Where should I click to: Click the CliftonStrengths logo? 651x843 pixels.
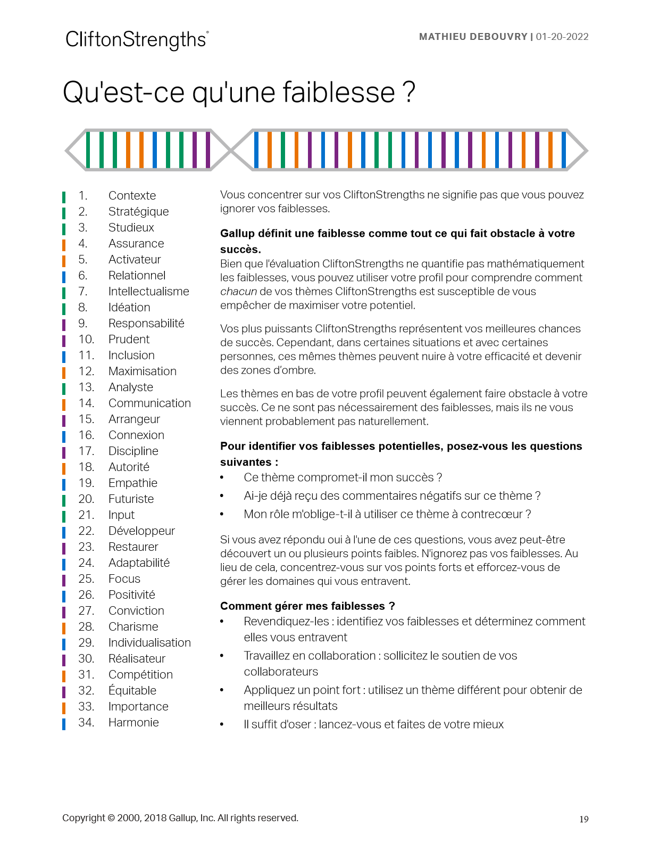[137, 40]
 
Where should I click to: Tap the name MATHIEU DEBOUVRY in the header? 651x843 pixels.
[473, 37]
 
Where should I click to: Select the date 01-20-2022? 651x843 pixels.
[562, 37]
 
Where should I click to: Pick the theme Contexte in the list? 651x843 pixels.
[132, 196]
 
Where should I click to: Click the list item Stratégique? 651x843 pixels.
[138, 212]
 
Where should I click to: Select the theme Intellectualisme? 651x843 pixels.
[148, 292]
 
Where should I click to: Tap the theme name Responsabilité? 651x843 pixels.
[146, 324]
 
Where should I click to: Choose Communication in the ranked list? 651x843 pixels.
[149, 403]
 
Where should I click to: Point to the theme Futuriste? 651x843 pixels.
[131, 499]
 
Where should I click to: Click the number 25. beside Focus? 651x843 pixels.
[86, 579]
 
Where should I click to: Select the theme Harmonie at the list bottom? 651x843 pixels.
[133, 723]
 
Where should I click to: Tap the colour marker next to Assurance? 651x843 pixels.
[64, 244]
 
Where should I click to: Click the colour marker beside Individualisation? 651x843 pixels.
[64, 643]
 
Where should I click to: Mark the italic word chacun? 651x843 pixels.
[238, 292]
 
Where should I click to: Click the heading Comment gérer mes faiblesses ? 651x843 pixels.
[307, 606]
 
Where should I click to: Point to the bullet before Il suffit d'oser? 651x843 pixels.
[222, 725]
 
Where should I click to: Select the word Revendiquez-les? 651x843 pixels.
[286, 622]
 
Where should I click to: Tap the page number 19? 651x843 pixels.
[584, 819]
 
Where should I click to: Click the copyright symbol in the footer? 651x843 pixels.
[111, 818]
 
